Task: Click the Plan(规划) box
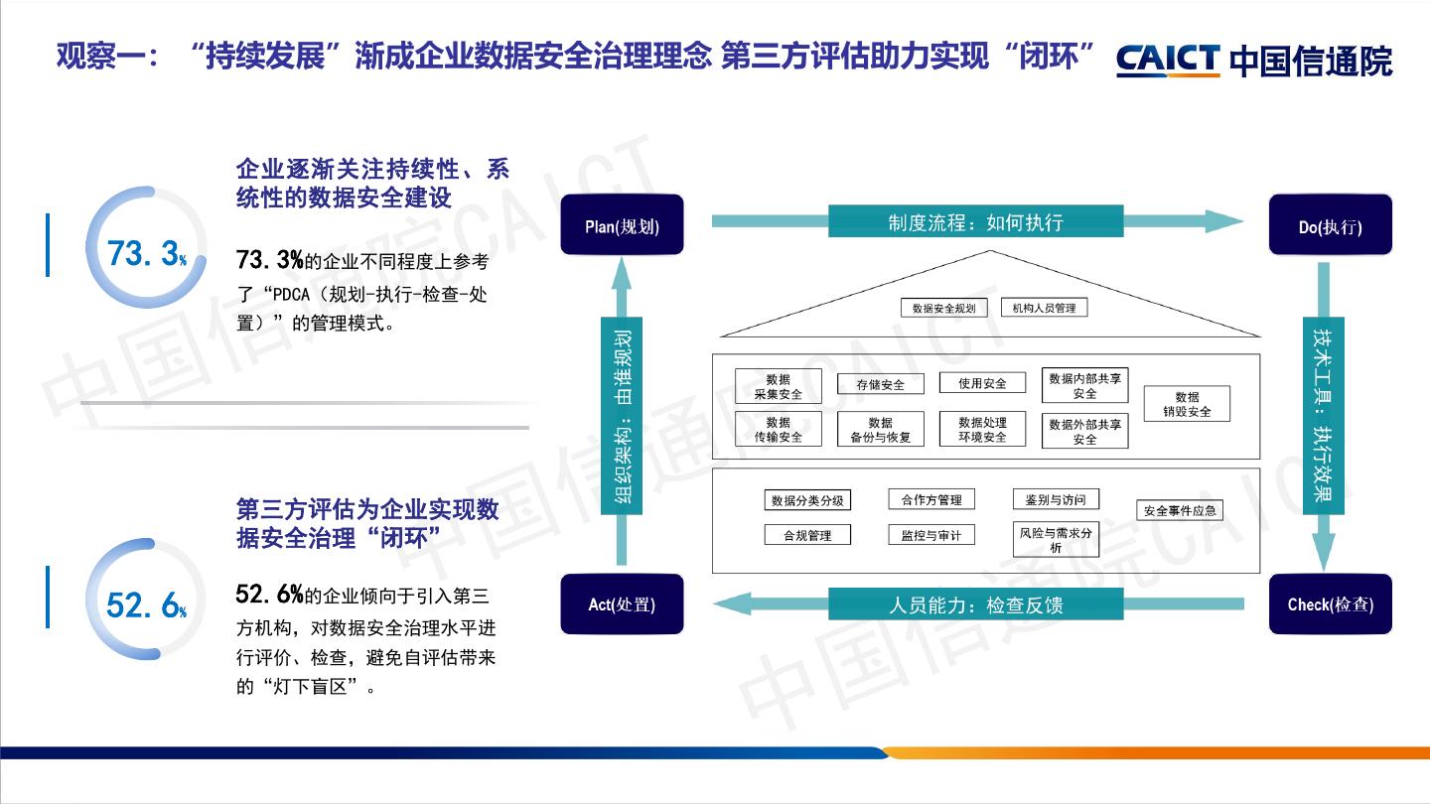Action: point(622,226)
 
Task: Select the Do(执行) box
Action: point(1330,226)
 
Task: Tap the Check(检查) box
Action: point(1330,603)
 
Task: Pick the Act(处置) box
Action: point(622,603)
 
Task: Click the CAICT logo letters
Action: point(1167,60)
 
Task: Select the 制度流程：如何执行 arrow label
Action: point(975,221)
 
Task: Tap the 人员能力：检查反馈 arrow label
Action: point(975,603)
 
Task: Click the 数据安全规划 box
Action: point(943,308)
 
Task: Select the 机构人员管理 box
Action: point(1044,308)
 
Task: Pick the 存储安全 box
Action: point(880,384)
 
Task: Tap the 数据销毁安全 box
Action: point(1187,404)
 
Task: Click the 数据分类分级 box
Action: point(807,500)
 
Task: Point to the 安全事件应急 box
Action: point(1179,511)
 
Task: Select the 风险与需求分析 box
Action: point(1055,540)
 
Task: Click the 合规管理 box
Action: point(807,535)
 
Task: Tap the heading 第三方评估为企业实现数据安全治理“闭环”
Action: point(367,523)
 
